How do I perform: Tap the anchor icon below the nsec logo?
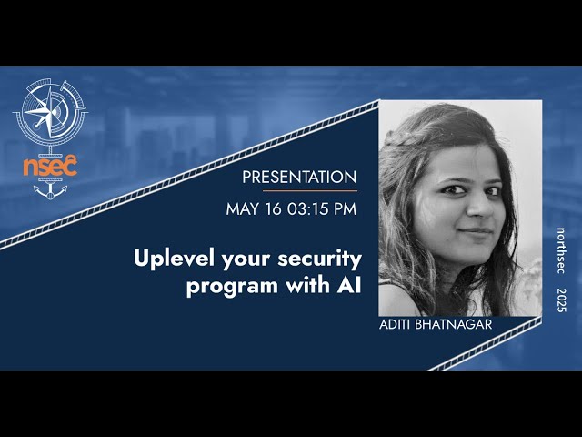click(x=50, y=190)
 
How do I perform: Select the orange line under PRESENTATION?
click(x=310, y=191)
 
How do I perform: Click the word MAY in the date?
click(x=244, y=209)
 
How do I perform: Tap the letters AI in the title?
click(x=349, y=285)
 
